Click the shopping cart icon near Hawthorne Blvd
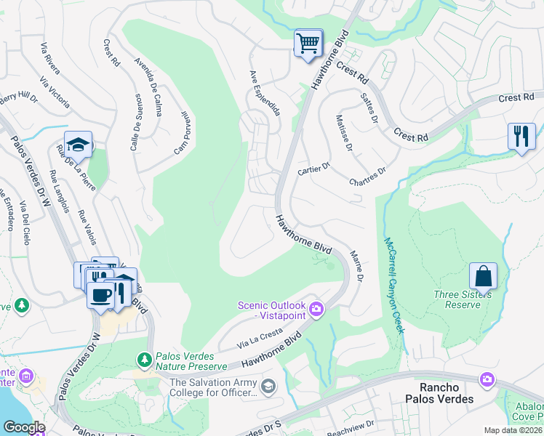pyautogui.click(x=308, y=43)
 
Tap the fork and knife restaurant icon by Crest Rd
pyautogui.click(x=521, y=137)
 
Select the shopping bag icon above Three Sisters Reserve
pyautogui.click(x=483, y=276)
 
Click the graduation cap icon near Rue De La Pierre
pyautogui.click(x=78, y=145)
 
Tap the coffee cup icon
pyautogui.click(x=100, y=295)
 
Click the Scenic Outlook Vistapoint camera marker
pyautogui.click(x=316, y=310)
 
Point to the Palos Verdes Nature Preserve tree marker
pyautogui.click(x=144, y=358)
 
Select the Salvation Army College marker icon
pyautogui.click(x=268, y=385)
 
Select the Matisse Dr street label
pyautogui.click(x=344, y=133)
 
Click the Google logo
pyautogui.click(x=24, y=427)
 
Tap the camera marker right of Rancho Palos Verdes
pyautogui.click(x=487, y=379)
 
